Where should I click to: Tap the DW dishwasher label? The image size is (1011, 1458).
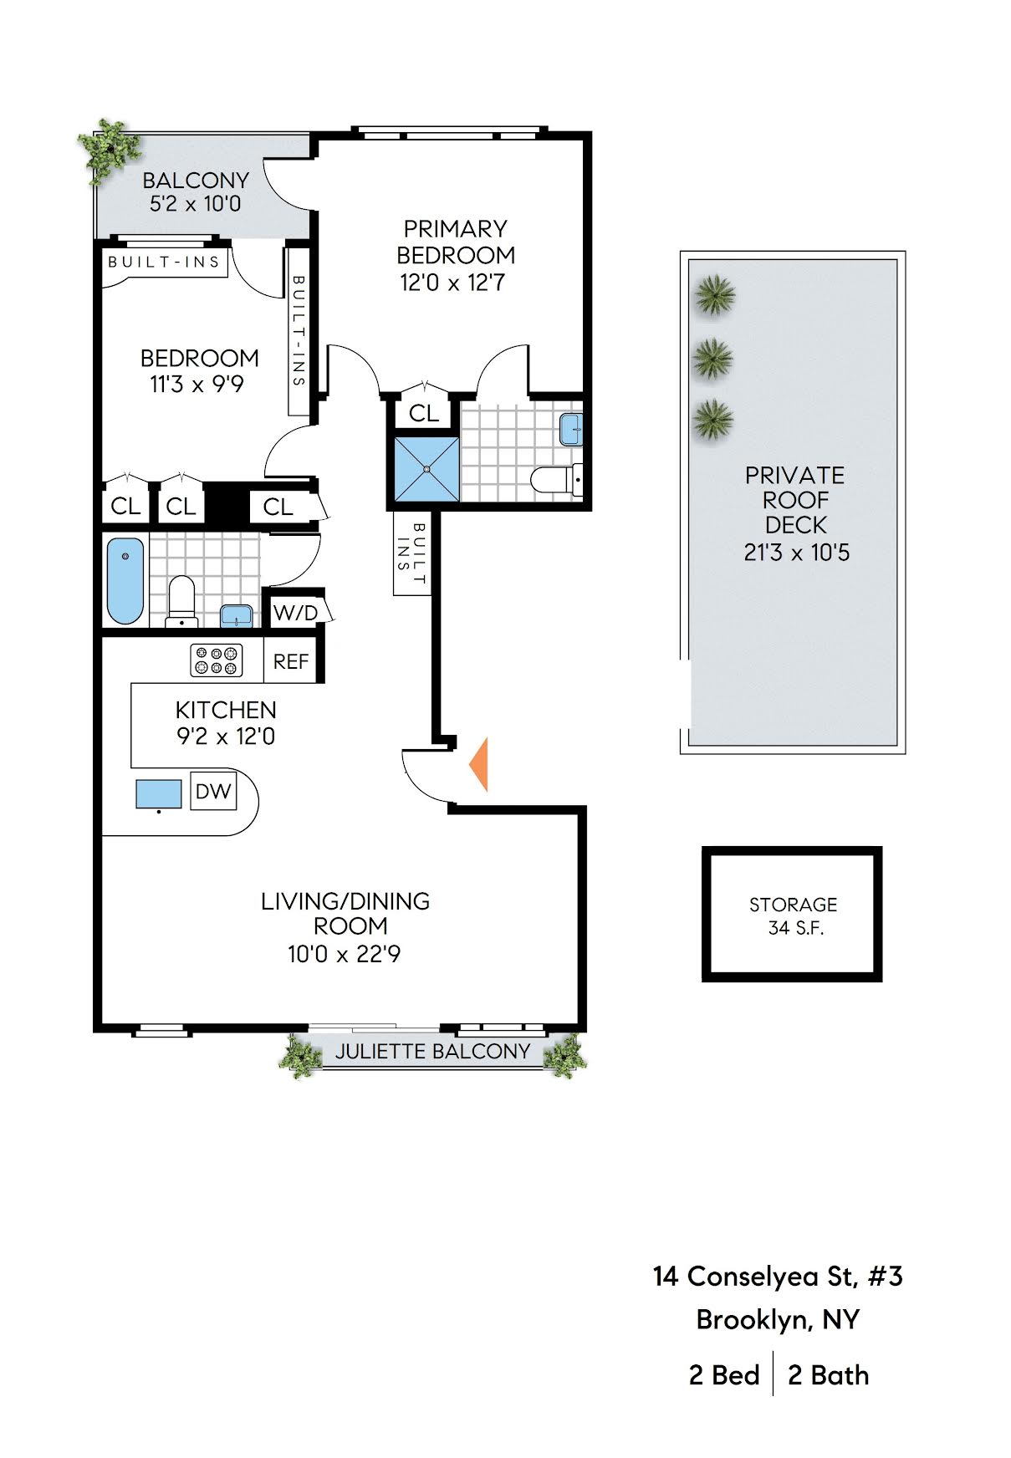pos(213,791)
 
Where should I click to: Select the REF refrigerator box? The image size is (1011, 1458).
pos(291,661)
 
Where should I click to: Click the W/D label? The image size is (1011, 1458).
pos(295,613)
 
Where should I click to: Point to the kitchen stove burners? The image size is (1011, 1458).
pos(217,660)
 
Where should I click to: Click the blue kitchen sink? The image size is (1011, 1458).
pos(159,793)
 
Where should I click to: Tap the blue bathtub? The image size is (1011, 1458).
pos(125,580)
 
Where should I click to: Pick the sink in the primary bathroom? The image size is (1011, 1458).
pos(571,429)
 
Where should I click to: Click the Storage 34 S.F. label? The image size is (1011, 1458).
pos(793,916)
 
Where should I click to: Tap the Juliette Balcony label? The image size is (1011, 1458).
pos(432,1052)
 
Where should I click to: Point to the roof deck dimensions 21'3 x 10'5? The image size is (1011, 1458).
pos(796,553)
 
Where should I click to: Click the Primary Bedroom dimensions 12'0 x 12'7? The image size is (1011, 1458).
pos(452,283)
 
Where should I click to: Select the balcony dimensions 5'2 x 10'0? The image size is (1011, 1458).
pos(196,204)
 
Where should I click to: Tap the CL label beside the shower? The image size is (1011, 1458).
pos(424,413)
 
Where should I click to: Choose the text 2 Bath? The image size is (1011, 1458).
pos(828,1375)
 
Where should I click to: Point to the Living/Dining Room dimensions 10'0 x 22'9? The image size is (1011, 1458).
pos(344,954)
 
